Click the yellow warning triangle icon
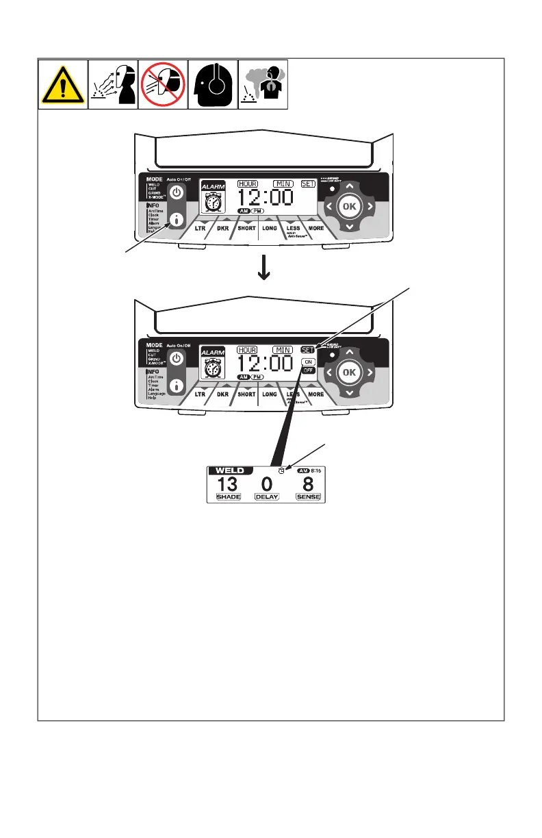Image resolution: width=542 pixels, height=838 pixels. click(62, 84)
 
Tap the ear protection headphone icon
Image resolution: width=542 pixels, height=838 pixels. click(214, 84)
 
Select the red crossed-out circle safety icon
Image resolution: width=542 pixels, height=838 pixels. click(163, 84)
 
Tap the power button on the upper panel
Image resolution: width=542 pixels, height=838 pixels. click(177, 192)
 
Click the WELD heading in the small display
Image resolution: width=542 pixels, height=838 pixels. click(231, 470)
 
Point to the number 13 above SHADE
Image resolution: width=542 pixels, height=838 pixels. click(228, 484)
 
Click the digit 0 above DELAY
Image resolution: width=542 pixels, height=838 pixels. click(268, 484)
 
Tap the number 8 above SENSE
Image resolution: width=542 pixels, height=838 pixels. click(308, 484)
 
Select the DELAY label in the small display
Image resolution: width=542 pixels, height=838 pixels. click(268, 497)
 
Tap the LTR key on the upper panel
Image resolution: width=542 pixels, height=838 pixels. click(201, 228)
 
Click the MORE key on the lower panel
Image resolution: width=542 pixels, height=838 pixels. click(315, 394)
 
